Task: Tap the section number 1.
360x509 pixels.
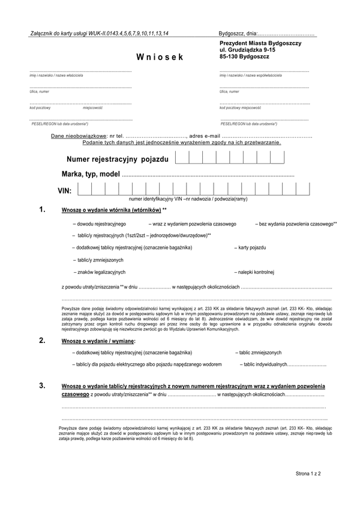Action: coord(42,210)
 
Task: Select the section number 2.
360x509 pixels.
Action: coord(42,341)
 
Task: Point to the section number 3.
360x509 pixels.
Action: coord(42,385)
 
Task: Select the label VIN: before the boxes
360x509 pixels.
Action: coord(64,191)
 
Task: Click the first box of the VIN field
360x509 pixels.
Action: coord(85,190)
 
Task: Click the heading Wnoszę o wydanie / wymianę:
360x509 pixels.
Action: coord(98,341)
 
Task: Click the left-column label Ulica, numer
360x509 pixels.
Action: coord(38,92)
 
